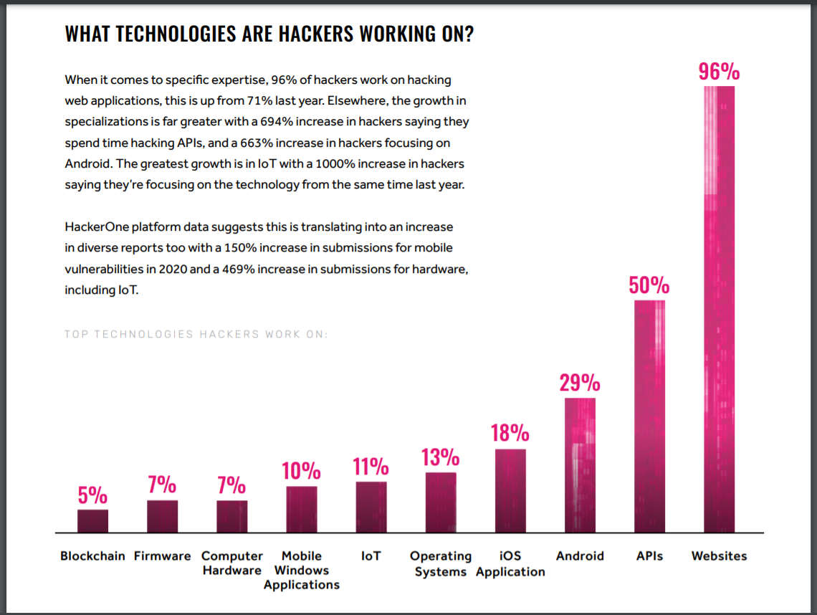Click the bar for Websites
coord(719,309)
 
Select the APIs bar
coord(649,416)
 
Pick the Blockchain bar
coord(92,521)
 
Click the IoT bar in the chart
coord(371,507)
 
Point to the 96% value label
coord(719,72)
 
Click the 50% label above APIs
coord(649,286)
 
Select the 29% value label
coord(580,383)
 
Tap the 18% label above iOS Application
coord(510,434)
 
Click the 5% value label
coord(92,495)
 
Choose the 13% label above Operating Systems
coord(440,457)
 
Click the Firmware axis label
coord(163,556)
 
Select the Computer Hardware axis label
coord(232,563)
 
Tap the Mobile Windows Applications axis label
coord(301,571)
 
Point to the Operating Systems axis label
coord(440,563)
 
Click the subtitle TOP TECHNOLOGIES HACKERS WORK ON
coord(196,334)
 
